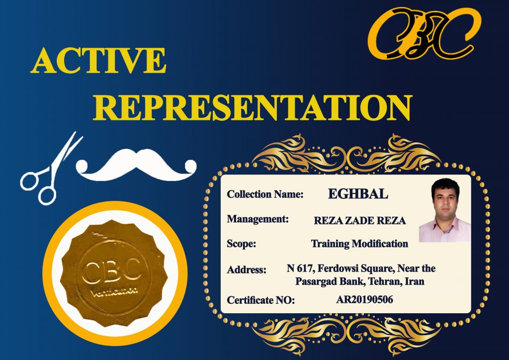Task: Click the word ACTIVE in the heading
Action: tap(98, 60)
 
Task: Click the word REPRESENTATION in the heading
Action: tap(253, 108)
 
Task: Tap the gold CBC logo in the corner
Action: tap(424, 33)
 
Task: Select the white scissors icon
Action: tap(51, 169)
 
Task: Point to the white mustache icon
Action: tap(136, 165)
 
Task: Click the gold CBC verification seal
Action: tap(114, 273)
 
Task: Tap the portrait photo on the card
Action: tap(445, 210)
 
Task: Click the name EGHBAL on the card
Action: tap(358, 194)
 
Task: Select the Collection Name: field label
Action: tap(265, 194)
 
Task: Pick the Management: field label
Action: tap(258, 219)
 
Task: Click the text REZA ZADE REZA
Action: tap(360, 221)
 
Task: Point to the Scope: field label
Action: tap(242, 244)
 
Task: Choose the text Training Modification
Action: tap(359, 244)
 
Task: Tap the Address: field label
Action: tap(247, 270)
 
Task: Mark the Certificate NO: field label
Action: tap(261, 300)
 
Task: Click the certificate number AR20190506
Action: tap(364, 299)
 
